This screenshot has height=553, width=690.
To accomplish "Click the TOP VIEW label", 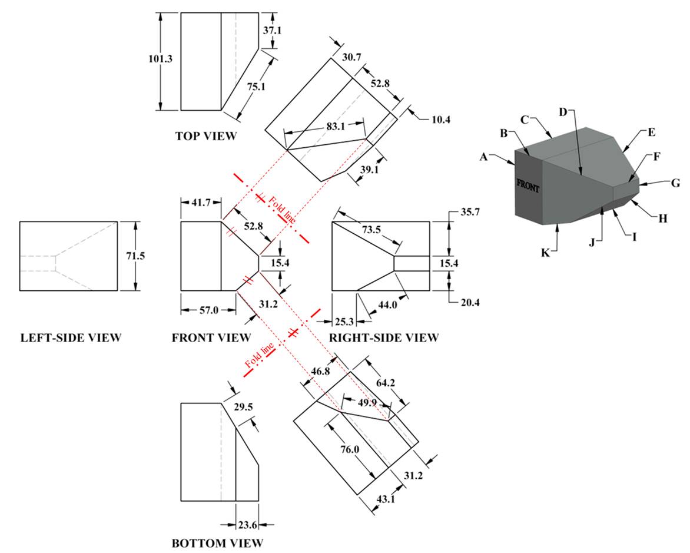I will [x=205, y=136].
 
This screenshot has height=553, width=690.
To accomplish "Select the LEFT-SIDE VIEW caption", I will [x=71, y=338].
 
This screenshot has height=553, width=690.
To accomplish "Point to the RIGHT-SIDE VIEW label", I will [x=383, y=338].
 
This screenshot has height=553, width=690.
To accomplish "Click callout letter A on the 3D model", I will [x=485, y=157].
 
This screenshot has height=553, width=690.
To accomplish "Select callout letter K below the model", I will [x=545, y=253].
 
